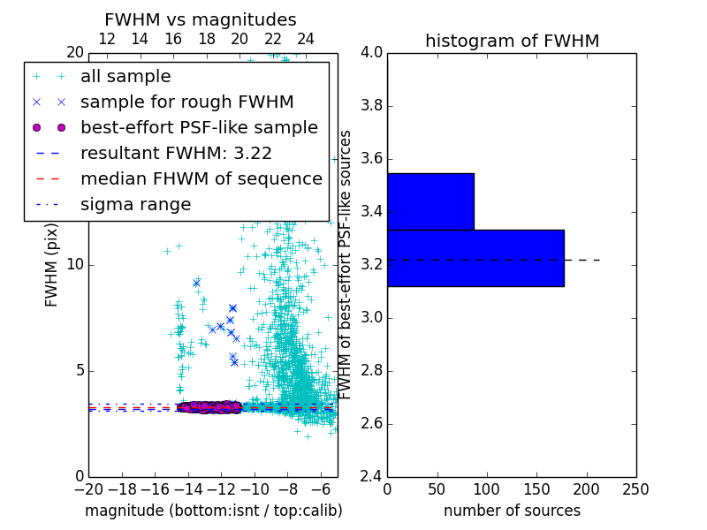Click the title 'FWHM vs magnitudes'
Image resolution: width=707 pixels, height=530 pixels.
201,19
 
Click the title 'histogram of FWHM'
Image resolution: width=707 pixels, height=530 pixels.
512,41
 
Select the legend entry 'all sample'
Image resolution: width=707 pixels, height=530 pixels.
125,77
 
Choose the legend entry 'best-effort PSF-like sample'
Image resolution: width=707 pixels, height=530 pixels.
199,127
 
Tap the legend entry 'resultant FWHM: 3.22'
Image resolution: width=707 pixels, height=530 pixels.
176,153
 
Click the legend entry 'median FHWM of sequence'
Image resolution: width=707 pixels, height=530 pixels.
201,178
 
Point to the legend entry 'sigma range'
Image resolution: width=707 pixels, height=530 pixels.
135,204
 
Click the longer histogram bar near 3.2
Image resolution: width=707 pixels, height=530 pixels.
475,258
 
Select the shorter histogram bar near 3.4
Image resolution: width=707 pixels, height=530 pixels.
430,201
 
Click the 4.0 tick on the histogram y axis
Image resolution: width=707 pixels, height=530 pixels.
371,53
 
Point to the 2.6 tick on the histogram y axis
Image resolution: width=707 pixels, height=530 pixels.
371,423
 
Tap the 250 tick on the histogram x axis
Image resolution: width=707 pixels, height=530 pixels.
635,488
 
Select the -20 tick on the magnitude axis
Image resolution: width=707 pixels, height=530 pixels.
88,488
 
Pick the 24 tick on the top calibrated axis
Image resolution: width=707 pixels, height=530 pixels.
306,39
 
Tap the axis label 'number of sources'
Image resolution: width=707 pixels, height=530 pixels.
512,511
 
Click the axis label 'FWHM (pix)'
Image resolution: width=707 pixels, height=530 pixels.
52,265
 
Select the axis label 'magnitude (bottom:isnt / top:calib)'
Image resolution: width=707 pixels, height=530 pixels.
213,511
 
